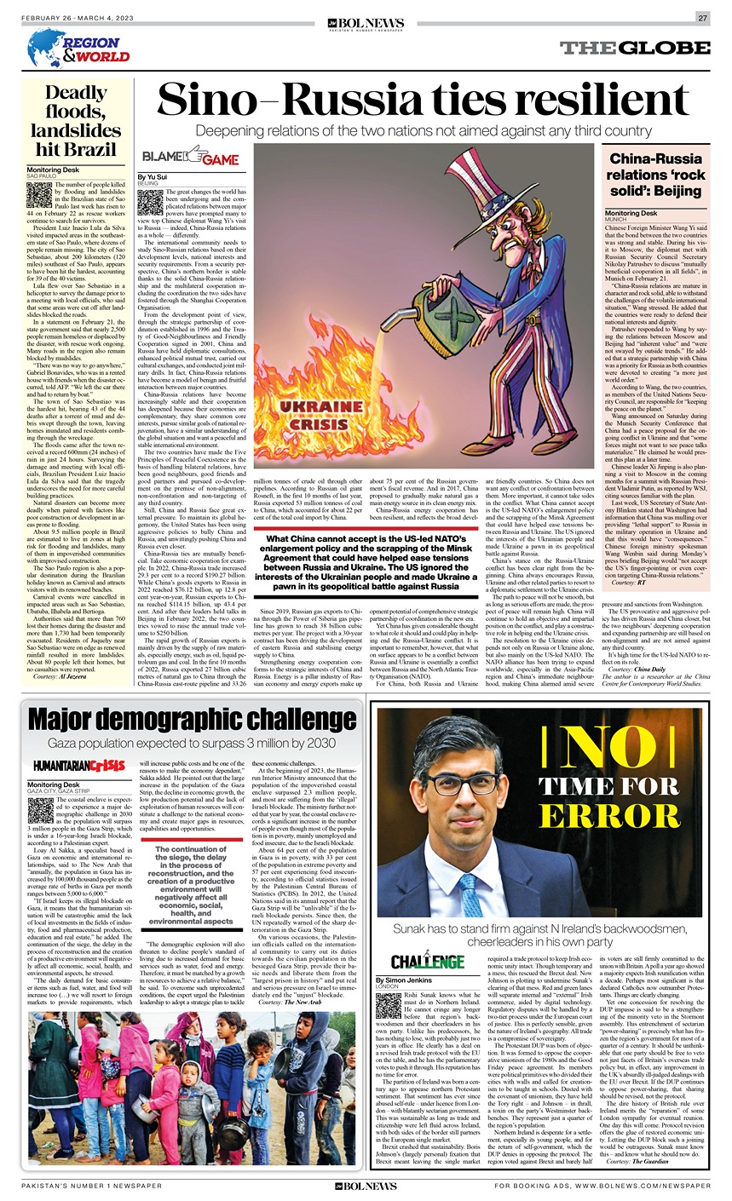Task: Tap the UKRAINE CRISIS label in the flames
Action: pyautogui.click(x=322, y=416)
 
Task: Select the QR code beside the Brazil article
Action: pyautogui.click(x=39, y=195)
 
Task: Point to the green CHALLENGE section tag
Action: pyautogui.click(x=427, y=962)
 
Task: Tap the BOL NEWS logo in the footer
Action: pyautogui.click(x=366, y=1185)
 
